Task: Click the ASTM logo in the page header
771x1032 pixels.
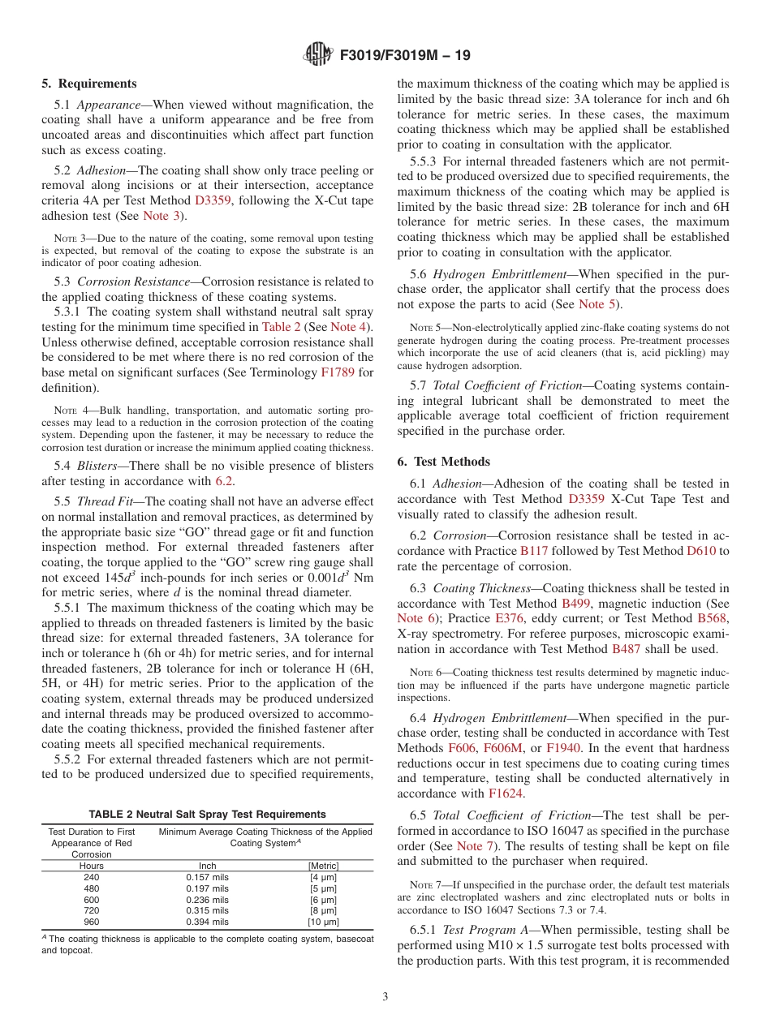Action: click(317, 55)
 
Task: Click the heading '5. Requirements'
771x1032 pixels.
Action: click(89, 84)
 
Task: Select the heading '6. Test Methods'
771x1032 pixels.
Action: click(443, 462)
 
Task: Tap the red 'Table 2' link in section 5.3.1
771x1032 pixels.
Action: click(282, 327)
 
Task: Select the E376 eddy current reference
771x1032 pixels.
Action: click(509, 619)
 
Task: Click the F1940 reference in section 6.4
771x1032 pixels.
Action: click(563, 748)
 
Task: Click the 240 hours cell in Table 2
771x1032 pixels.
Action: click(92, 878)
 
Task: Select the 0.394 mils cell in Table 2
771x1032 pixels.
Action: click(208, 922)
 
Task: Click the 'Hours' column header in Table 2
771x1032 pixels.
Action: click(92, 866)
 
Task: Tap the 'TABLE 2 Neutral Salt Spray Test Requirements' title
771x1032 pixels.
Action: click(208, 815)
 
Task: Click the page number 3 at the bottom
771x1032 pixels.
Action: click(385, 997)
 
